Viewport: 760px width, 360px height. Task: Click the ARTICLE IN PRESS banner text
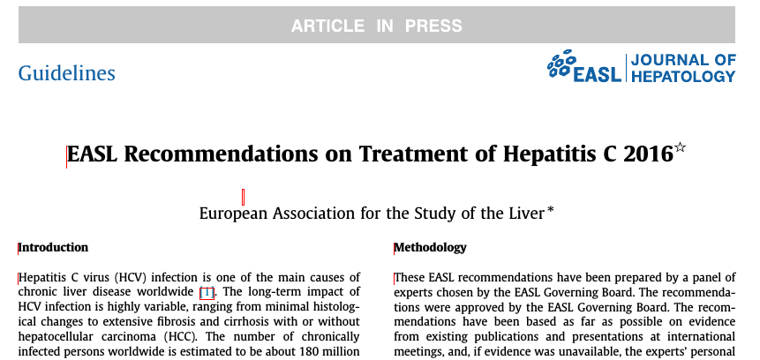(x=377, y=26)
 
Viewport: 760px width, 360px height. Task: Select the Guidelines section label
(x=67, y=72)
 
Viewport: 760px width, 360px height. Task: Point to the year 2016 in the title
(x=647, y=154)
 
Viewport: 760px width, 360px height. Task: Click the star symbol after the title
(x=680, y=148)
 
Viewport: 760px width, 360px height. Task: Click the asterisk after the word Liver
(x=551, y=210)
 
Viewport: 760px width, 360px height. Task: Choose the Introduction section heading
(x=54, y=247)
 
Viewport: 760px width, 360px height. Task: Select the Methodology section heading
(x=430, y=247)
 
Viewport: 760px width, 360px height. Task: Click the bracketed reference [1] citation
(x=207, y=292)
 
